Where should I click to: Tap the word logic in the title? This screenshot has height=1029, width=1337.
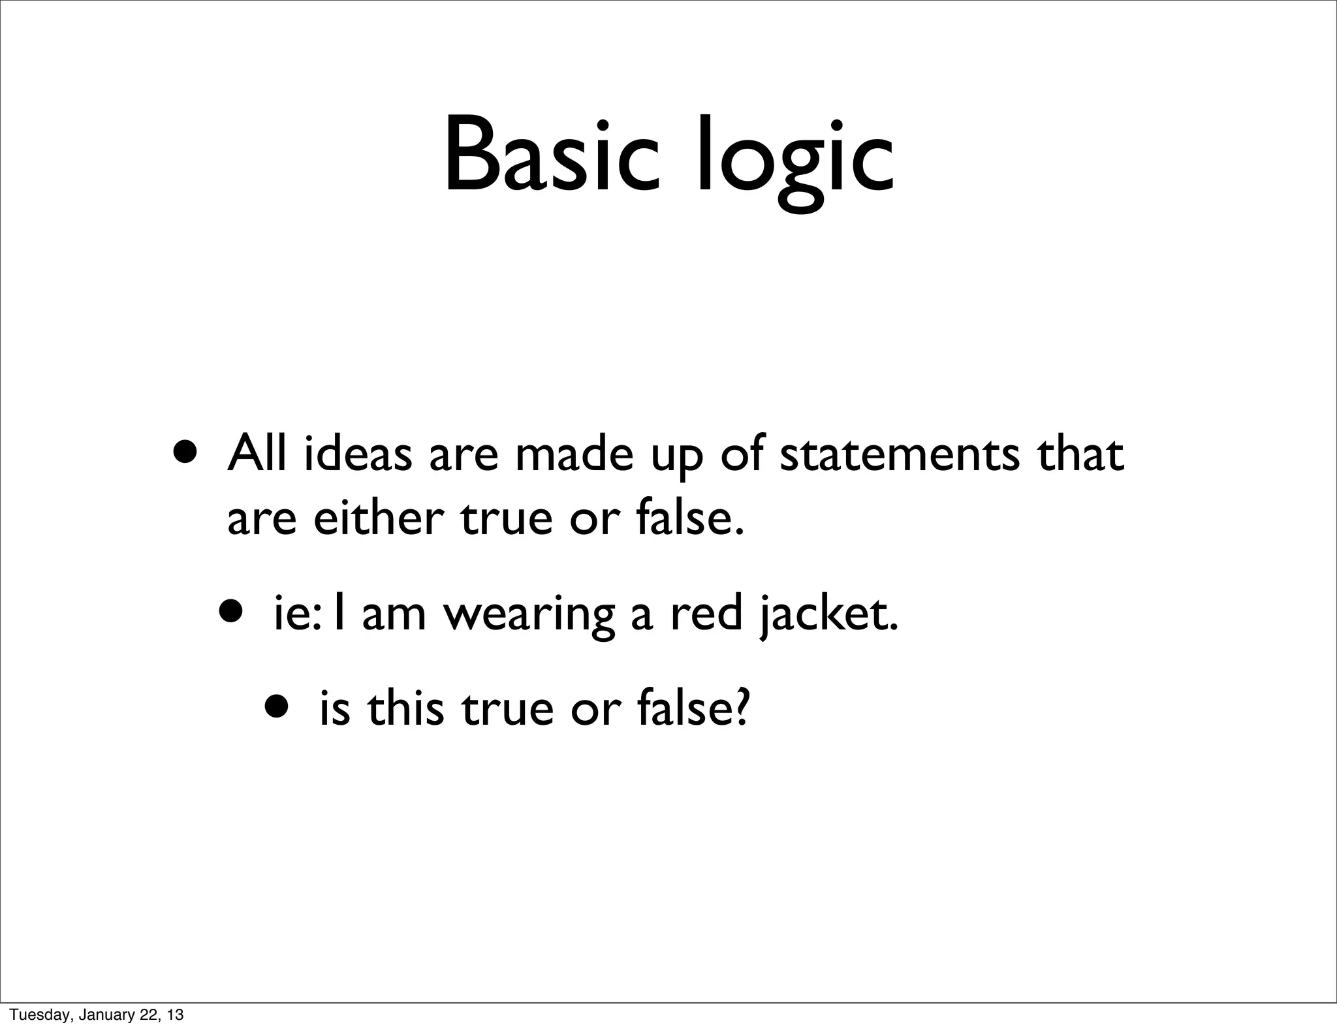(794, 160)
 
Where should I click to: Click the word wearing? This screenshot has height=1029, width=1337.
(529, 616)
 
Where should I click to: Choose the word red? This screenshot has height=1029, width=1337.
(706, 615)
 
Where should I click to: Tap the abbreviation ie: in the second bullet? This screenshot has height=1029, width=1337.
(297, 616)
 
